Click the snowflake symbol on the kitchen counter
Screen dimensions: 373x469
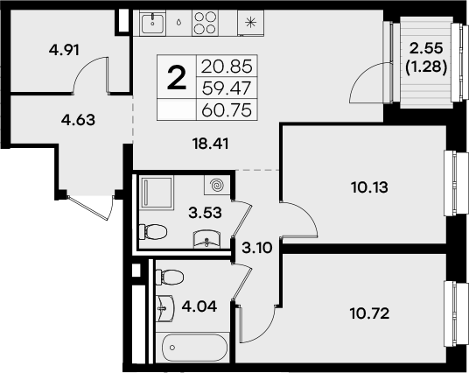[x=250, y=22]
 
